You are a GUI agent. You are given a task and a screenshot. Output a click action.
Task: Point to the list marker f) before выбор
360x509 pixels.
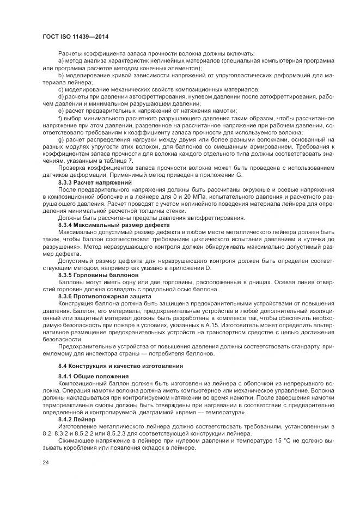coord(60,118)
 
